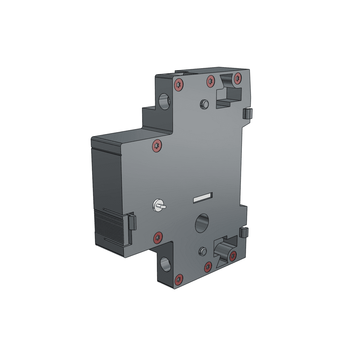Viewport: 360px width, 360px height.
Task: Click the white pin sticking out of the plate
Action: pos(159,205)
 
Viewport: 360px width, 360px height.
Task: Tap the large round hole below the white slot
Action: pos(202,223)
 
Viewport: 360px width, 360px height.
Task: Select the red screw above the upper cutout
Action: pos(238,78)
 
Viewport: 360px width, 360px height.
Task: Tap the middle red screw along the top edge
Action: pos(211,81)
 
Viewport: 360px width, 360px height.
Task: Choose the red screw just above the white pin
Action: pos(157,146)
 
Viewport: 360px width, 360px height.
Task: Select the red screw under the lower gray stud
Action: pos(208,267)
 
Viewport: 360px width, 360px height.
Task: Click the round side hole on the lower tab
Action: pos(165,264)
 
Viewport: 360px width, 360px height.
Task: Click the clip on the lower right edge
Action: pos(244,232)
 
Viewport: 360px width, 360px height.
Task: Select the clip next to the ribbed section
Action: pos(132,222)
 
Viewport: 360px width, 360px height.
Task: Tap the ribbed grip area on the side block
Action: pos(111,227)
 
